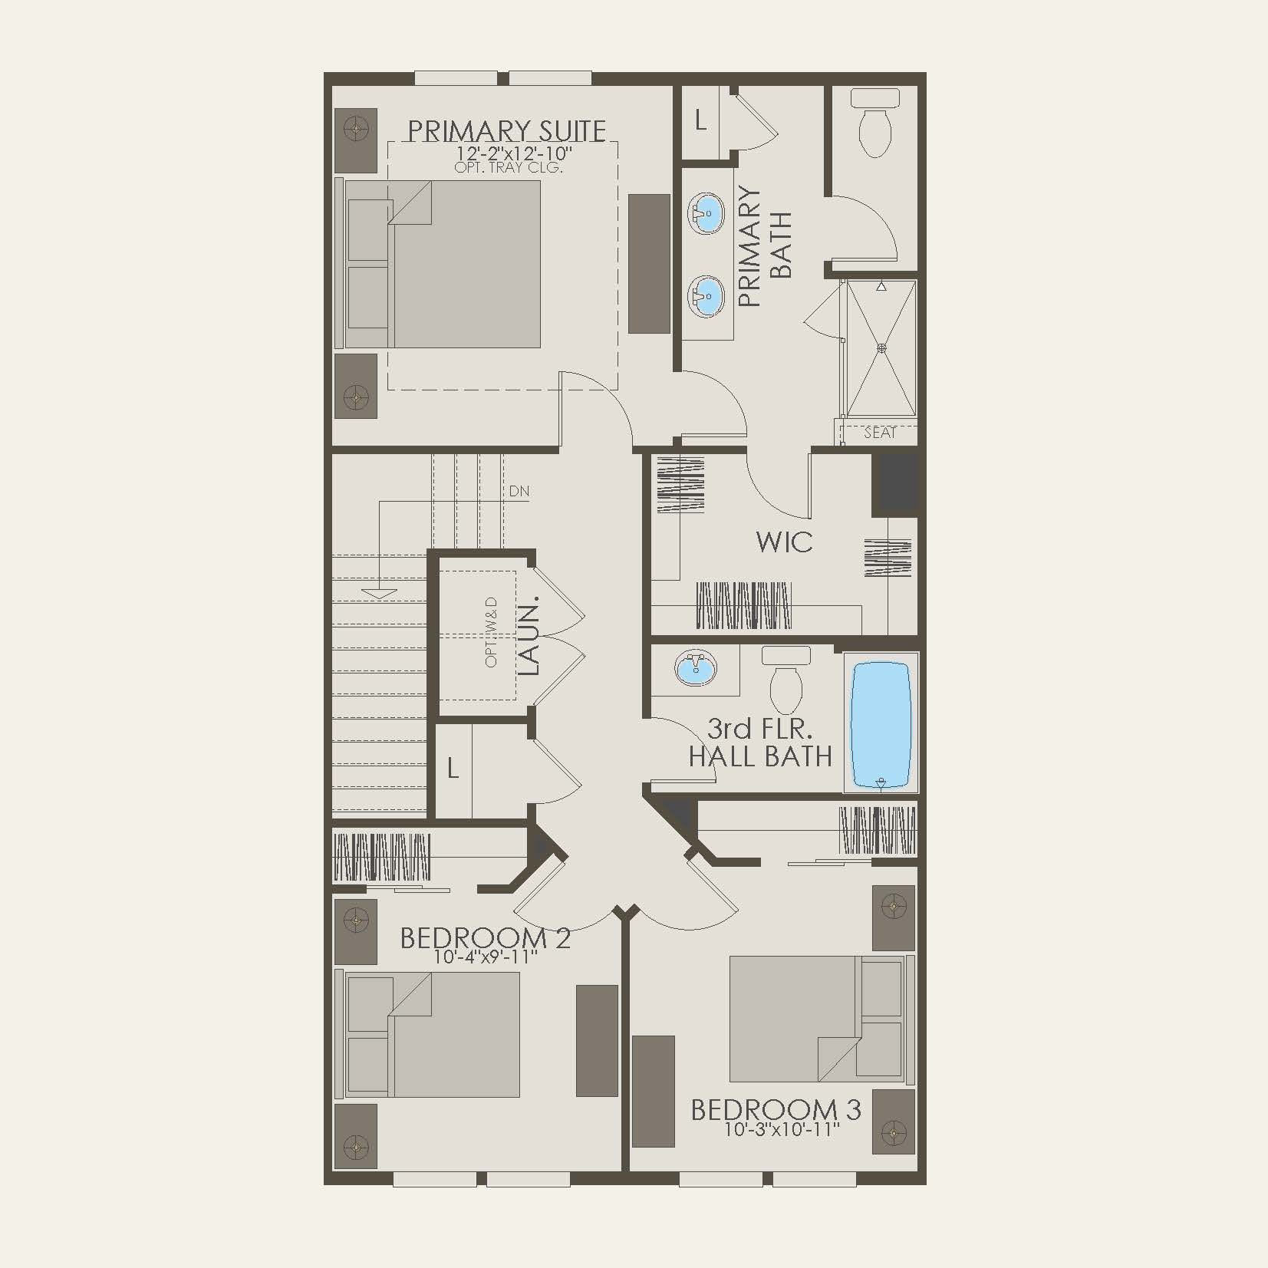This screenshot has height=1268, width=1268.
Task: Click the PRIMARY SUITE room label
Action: [506, 131]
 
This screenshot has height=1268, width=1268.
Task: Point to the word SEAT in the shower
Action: [879, 433]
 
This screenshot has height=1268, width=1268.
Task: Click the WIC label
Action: [784, 542]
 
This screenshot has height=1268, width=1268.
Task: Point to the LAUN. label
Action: [529, 635]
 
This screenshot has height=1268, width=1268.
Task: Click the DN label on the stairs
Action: [519, 491]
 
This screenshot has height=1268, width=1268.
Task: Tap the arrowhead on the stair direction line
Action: [379, 593]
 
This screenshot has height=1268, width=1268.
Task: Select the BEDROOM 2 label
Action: [486, 938]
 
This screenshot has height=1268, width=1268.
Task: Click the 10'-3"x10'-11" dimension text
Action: [782, 1129]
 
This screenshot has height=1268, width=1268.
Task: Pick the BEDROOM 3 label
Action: [776, 1110]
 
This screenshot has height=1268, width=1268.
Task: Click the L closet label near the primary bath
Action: [700, 121]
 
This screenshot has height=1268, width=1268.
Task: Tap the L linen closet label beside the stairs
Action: [453, 769]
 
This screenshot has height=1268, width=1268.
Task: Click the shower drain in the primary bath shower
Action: [881, 348]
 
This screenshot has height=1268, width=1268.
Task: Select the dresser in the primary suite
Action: [649, 264]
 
